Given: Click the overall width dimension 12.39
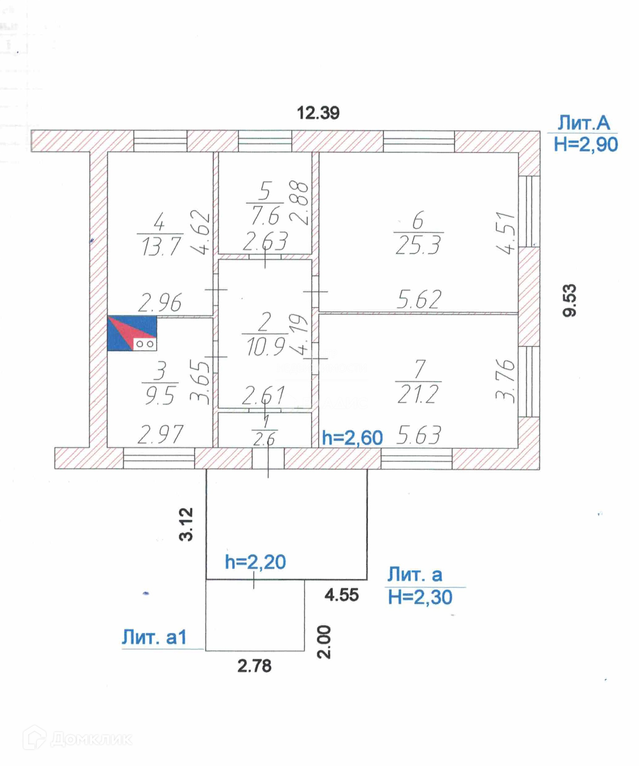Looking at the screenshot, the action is (x=318, y=113).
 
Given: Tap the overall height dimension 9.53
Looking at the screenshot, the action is (x=570, y=300).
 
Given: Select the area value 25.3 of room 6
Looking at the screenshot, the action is (x=418, y=246).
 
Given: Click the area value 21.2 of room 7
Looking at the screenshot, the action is (x=418, y=394).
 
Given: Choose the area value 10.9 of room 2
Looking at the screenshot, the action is (x=265, y=346).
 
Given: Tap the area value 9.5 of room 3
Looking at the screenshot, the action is (x=160, y=396).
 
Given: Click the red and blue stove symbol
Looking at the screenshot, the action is (x=132, y=333).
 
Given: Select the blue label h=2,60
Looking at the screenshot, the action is (x=352, y=438).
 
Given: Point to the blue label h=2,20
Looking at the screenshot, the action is (x=255, y=562).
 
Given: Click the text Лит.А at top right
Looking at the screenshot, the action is (x=584, y=123).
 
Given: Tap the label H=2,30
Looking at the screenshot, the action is (x=420, y=597).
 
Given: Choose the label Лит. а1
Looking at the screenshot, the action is (x=154, y=637).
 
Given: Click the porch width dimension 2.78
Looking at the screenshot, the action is (x=254, y=665).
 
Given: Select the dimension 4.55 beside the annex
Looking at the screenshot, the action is (x=342, y=595).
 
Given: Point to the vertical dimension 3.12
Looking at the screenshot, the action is (x=186, y=524).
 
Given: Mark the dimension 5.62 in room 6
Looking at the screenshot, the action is (x=419, y=300).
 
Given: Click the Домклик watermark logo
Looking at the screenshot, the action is (x=78, y=738).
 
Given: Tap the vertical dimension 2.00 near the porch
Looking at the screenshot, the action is (x=324, y=642).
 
